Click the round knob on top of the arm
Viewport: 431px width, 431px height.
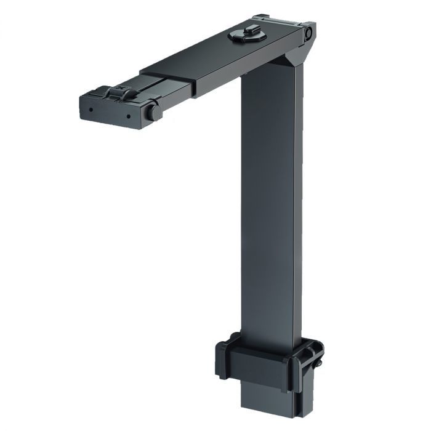coord(247,35)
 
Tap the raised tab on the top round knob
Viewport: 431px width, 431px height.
coord(248,30)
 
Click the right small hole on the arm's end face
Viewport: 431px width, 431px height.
coord(129,115)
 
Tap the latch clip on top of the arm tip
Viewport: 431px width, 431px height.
coord(120,93)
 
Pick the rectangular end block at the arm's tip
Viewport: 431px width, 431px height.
coord(114,109)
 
